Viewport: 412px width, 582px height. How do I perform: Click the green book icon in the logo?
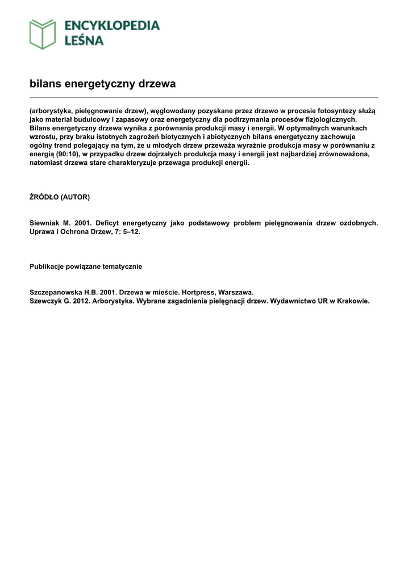pos(43,34)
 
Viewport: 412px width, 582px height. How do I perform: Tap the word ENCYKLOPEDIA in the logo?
pos(112,26)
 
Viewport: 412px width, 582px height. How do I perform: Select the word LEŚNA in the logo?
pos(84,40)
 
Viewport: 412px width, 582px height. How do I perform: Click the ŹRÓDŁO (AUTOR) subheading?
pos(60,197)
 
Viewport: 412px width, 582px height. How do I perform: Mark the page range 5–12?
pos(127,232)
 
